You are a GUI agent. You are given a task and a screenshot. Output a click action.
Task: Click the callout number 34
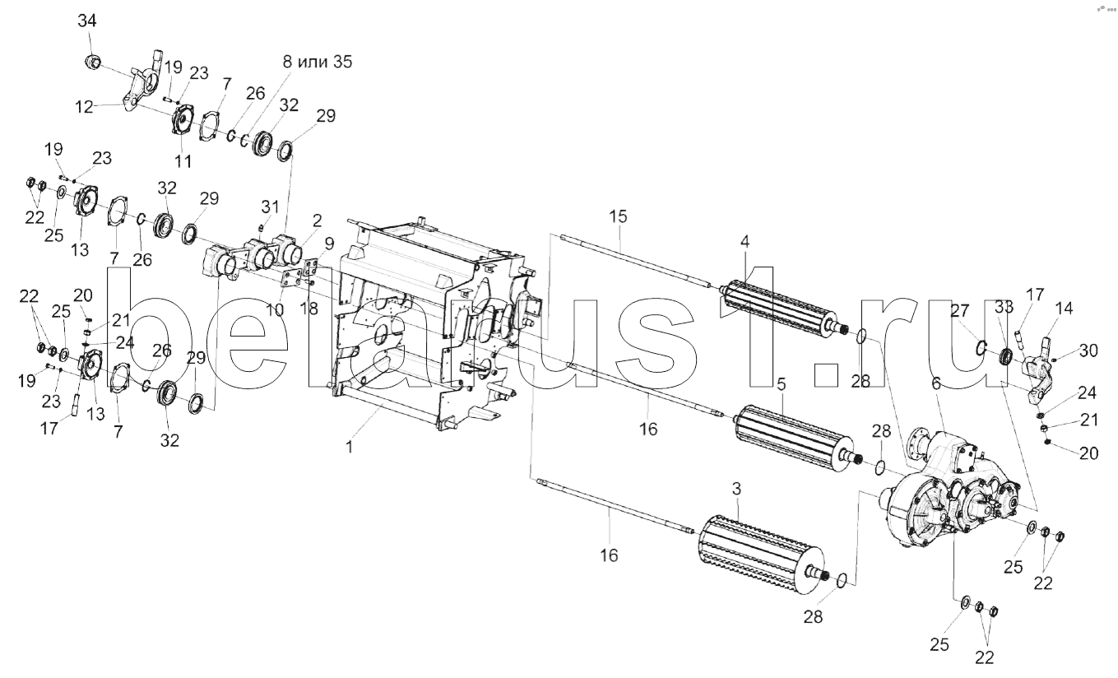86,21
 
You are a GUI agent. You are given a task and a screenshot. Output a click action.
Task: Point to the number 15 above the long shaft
618,216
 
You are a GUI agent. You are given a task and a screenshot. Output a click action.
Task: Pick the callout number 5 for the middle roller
782,384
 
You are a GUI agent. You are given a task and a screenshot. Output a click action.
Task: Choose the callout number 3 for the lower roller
736,490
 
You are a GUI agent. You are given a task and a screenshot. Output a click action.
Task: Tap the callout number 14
1064,309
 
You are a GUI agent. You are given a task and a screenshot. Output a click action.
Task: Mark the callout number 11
182,160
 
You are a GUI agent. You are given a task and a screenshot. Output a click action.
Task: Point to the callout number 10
274,309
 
